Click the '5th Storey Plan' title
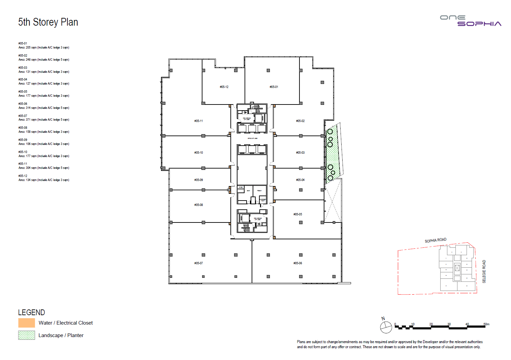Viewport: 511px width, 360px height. (48, 22)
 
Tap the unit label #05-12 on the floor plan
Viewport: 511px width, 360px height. (224, 87)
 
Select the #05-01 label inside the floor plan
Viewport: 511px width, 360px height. (274, 87)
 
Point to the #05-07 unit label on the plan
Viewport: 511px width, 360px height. (198, 263)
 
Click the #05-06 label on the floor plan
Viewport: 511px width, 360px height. (298, 263)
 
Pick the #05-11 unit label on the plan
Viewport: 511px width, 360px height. (198, 121)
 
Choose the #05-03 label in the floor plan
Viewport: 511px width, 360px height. (300, 153)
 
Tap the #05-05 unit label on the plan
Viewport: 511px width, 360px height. (298, 214)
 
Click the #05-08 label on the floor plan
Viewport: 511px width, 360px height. (198, 205)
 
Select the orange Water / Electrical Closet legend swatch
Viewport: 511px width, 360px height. (27, 323)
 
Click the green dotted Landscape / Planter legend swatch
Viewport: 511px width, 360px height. (27, 335)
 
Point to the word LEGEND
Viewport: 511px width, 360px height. (31, 312)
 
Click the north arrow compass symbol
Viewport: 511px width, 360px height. (386, 327)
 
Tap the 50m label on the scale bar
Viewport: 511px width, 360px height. (486, 324)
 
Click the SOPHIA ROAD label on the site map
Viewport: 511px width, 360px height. (435, 240)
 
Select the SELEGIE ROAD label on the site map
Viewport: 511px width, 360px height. (484, 271)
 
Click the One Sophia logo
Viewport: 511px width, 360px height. (471, 21)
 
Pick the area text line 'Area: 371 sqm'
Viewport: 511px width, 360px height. (44, 120)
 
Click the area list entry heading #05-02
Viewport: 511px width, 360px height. (23, 56)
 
